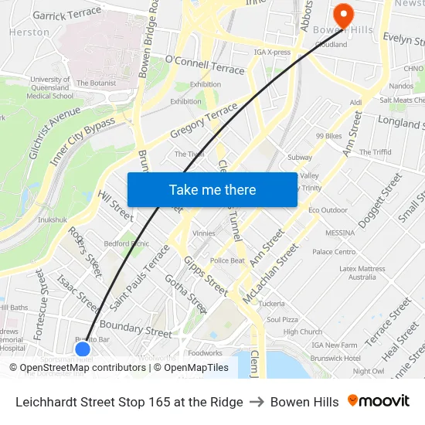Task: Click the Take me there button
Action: (212, 190)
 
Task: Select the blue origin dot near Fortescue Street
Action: (83, 349)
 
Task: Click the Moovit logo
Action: (379, 401)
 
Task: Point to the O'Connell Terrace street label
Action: (205, 65)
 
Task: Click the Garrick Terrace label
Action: (67, 13)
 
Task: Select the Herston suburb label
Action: (29, 32)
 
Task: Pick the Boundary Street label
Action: (136, 328)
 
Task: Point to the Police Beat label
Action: (227, 260)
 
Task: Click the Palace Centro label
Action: (334, 252)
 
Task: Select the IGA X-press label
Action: (272, 53)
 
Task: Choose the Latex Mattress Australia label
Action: (362, 273)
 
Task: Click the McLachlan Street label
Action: (270, 274)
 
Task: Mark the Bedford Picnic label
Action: (127, 243)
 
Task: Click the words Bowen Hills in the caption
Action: (304, 402)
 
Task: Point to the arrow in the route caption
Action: (257, 402)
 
